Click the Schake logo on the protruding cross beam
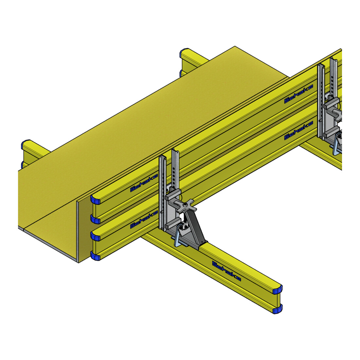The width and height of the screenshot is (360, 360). tap(226, 271)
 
